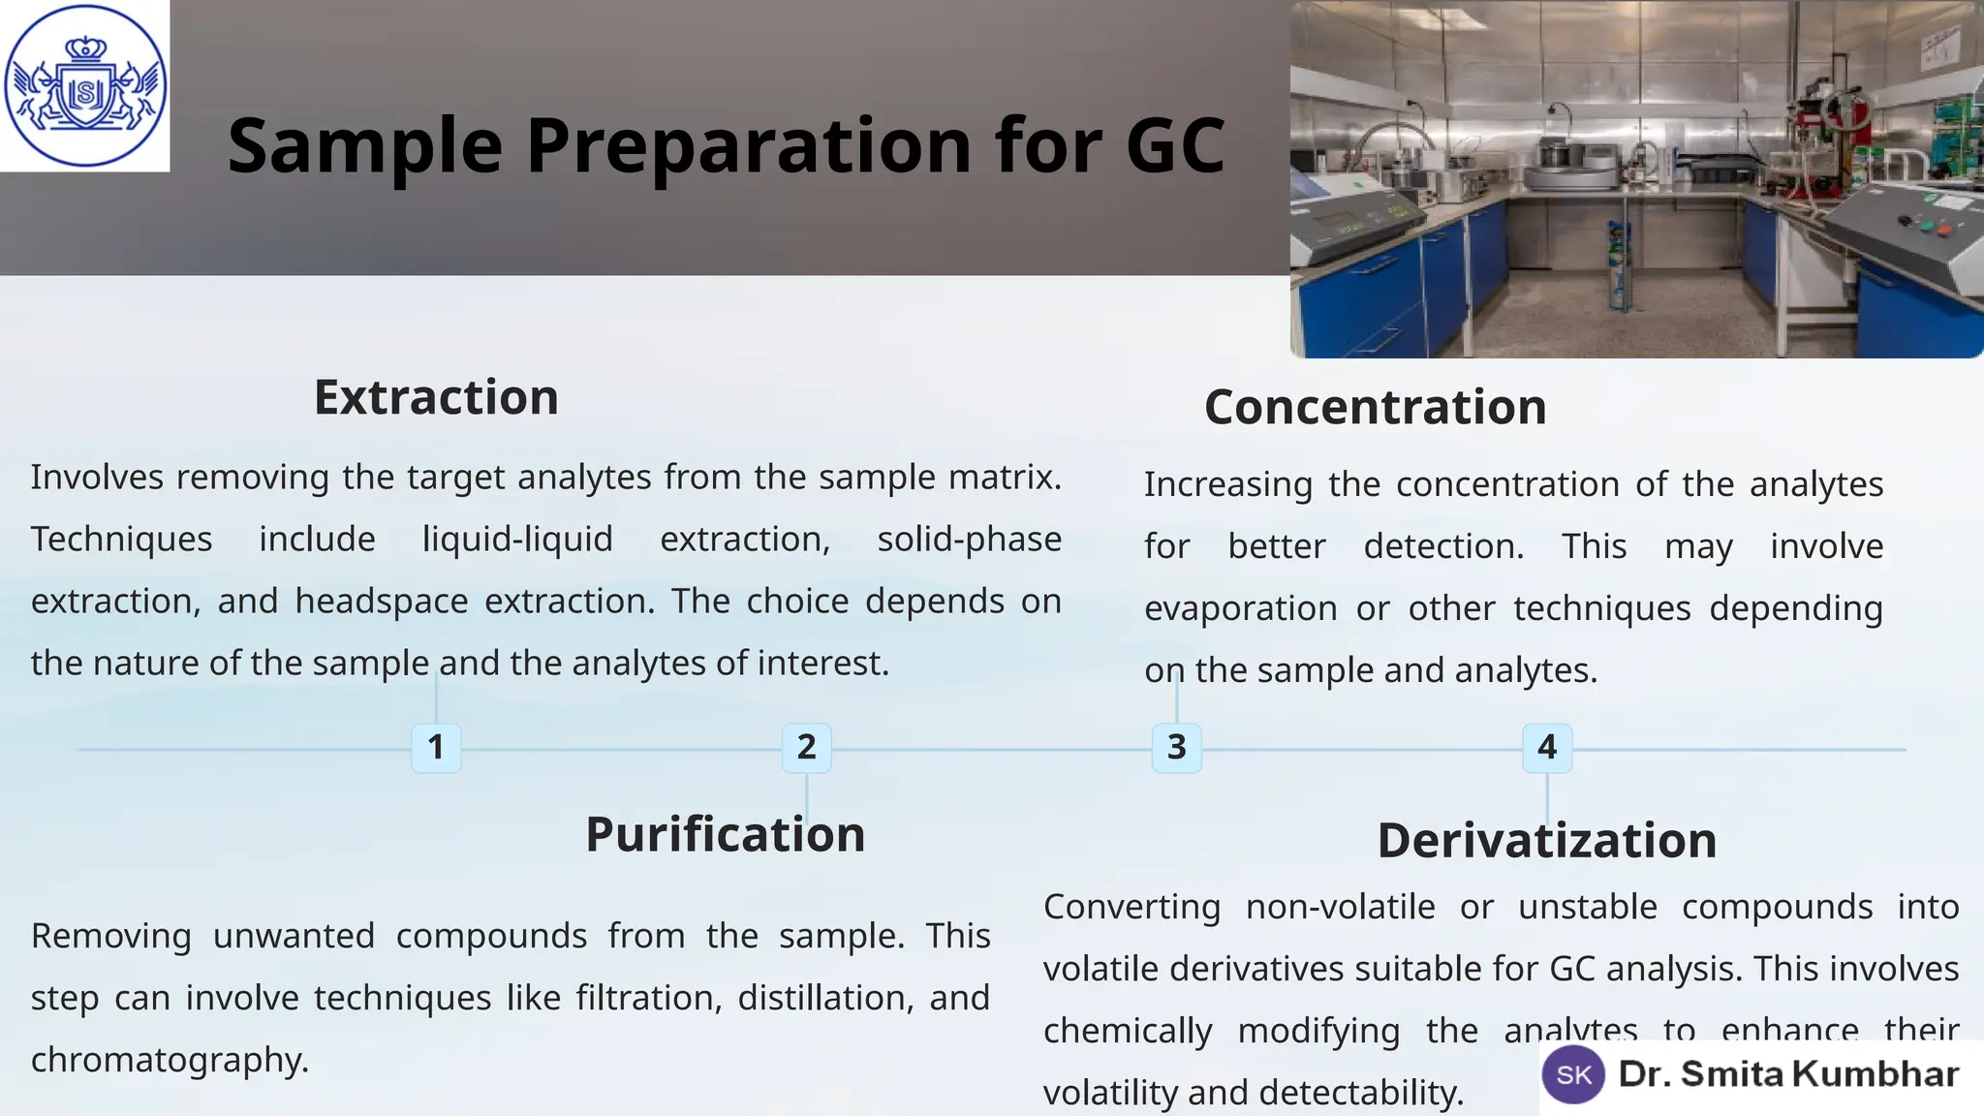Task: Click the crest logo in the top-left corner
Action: tap(85, 85)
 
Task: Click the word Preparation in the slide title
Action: tap(748, 145)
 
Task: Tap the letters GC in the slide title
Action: tap(1175, 145)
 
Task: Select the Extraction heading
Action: tap(436, 397)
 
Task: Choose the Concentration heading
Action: tap(1375, 407)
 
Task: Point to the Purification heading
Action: tap(725, 834)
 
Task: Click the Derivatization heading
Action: tap(1546, 840)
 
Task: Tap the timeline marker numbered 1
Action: tap(436, 748)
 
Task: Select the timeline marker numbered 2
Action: tap(806, 748)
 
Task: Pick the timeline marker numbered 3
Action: tap(1176, 748)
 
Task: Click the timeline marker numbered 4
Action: tap(1547, 748)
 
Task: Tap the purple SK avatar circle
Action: tap(1573, 1074)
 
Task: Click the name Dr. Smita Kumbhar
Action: tap(1788, 1074)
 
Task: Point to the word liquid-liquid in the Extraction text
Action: tap(517, 539)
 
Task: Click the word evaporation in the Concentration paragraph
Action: tap(1241, 608)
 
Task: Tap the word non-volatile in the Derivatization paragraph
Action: tap(1340, 907)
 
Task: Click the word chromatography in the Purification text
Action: tap(170, 1060)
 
